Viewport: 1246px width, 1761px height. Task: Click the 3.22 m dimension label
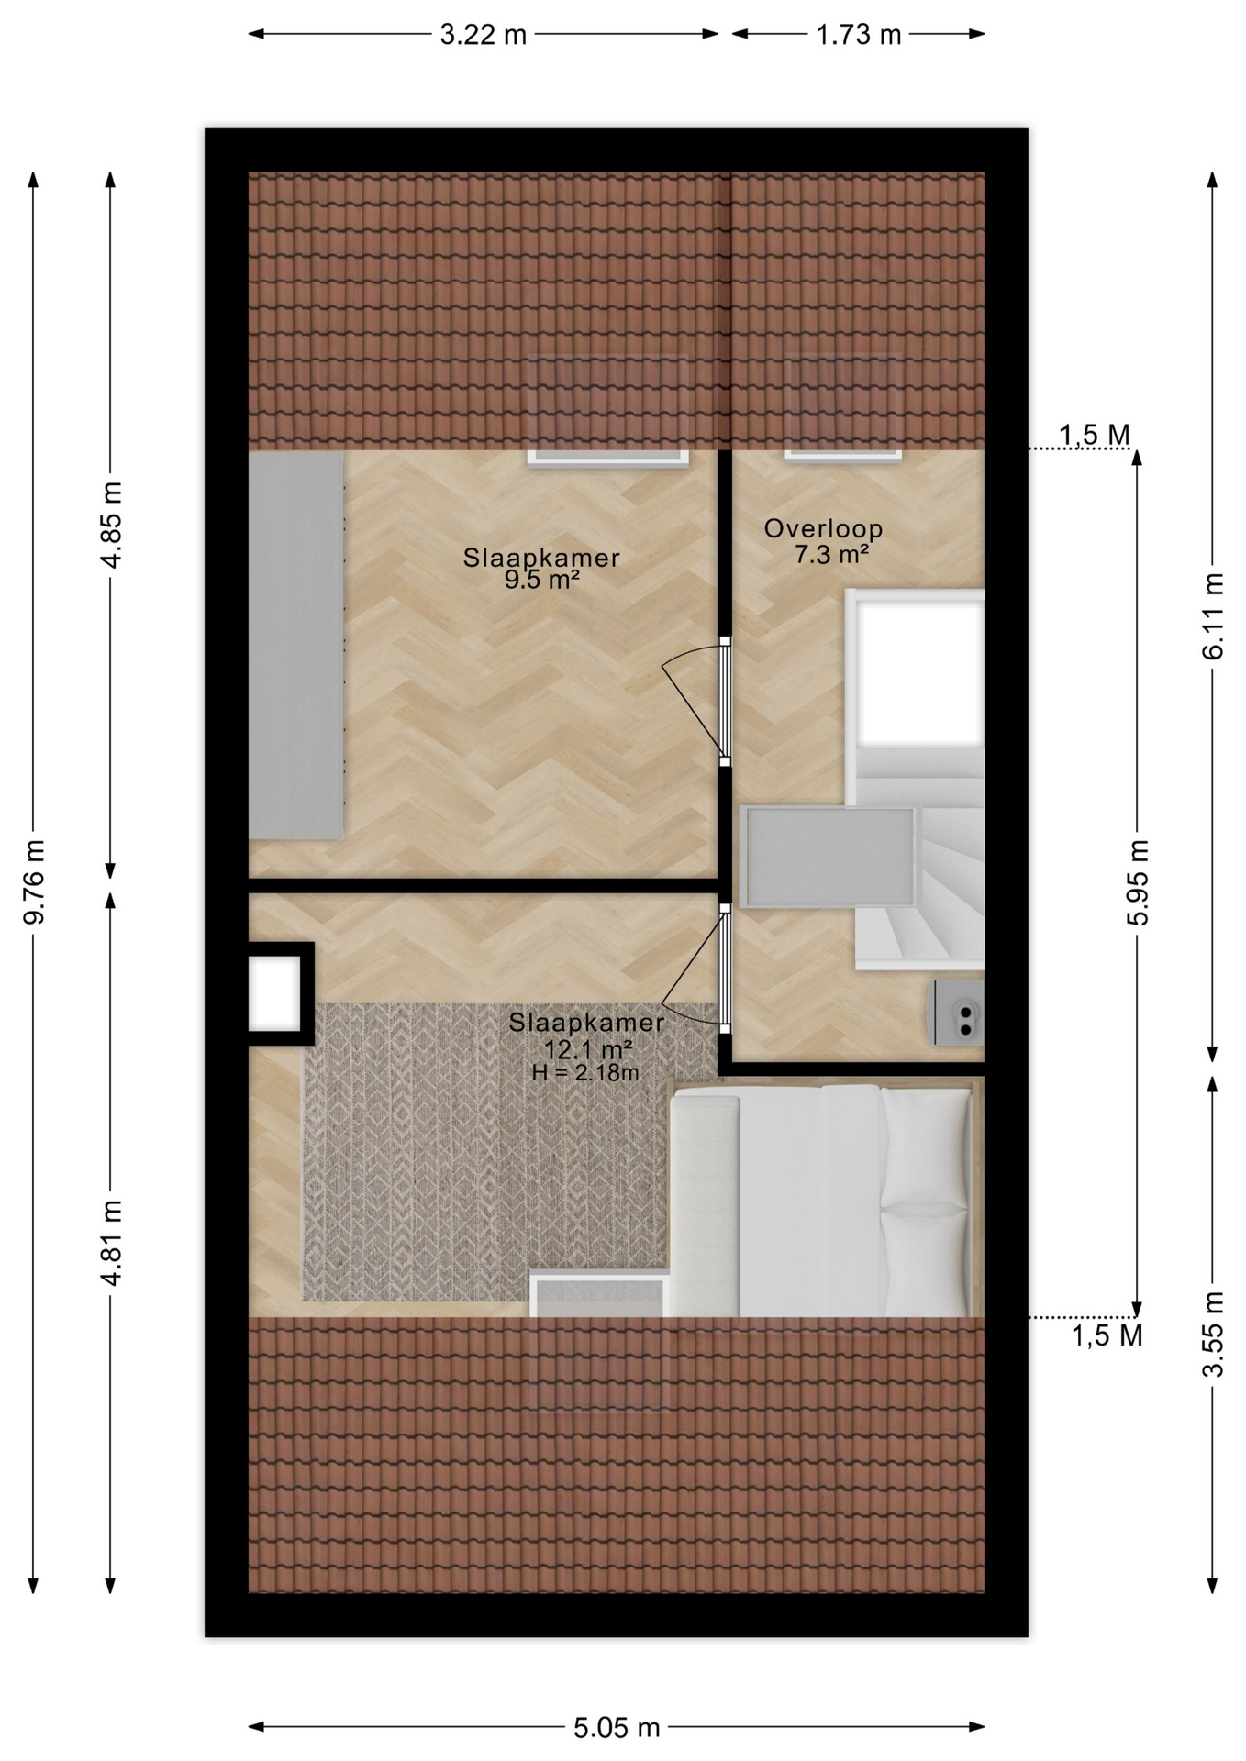coord(483,35)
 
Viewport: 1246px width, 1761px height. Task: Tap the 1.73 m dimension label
coord(859,35)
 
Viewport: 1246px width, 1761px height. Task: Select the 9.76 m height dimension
coord(34,881)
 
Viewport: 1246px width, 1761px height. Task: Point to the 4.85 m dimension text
coord(111,525)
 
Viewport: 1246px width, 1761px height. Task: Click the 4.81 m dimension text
coord(111,1242)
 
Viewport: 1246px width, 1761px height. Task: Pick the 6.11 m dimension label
coord(1213,616)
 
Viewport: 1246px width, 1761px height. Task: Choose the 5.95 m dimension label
coord(1138,881)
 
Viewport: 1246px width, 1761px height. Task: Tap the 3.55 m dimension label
coord(1213,1334)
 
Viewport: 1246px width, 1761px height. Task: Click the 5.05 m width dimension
coord(617,1728)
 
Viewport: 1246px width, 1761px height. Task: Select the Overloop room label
coord(823,528)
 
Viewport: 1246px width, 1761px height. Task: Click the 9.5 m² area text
coord(541,580)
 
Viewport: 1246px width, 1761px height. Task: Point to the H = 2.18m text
coord(585,1072)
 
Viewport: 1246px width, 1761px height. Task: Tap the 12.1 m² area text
coord(587,1049)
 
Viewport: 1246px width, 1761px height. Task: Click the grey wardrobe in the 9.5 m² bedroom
coord(296,645)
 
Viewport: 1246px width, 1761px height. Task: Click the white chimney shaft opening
coord(274,993)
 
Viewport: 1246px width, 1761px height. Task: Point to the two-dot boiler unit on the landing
coord(959,1013)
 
